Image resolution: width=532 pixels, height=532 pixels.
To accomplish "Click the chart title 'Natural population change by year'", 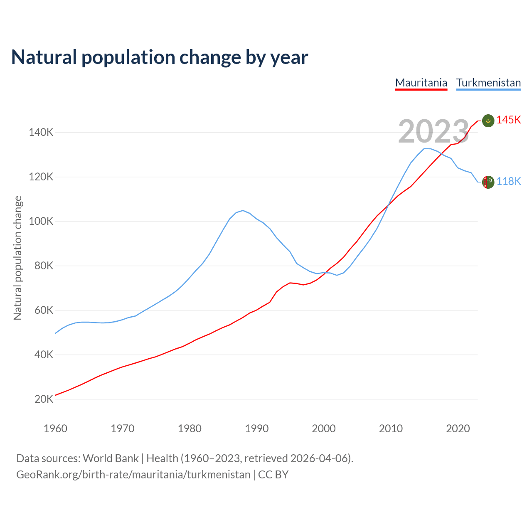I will point(160,57).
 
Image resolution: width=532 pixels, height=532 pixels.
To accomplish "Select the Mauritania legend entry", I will point(421,83).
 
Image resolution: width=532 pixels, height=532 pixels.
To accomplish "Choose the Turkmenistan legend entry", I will point(488,83).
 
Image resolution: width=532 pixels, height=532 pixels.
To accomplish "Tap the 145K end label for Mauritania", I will point(508,120).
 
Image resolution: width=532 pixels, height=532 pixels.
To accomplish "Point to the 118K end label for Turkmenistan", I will point(508,181).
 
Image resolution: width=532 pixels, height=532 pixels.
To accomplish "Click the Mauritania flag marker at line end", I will point(488,121).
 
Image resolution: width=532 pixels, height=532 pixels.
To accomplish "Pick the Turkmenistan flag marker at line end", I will point(488,182).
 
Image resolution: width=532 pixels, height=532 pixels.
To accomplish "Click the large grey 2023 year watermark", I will point(433,131).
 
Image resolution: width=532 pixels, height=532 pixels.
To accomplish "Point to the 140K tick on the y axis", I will point(41,133).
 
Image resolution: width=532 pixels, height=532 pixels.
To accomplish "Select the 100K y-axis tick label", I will point(41,222).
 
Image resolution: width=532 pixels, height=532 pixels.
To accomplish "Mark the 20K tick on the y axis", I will point(44,399).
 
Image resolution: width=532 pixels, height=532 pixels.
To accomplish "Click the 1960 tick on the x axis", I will point(55,429).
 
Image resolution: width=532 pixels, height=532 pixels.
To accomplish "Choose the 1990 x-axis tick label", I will point(256,429).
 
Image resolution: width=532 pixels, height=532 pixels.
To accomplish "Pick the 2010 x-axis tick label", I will point(391,429).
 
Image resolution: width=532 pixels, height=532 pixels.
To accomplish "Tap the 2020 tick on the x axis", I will point(458,429).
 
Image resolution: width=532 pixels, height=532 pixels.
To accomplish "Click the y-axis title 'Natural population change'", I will point(18,258).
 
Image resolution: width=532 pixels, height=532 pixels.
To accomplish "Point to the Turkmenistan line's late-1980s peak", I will point(243,210).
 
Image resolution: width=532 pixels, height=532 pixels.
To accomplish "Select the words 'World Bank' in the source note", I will point(111,458).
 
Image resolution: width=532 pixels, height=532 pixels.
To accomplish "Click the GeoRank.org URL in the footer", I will point(133,475).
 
